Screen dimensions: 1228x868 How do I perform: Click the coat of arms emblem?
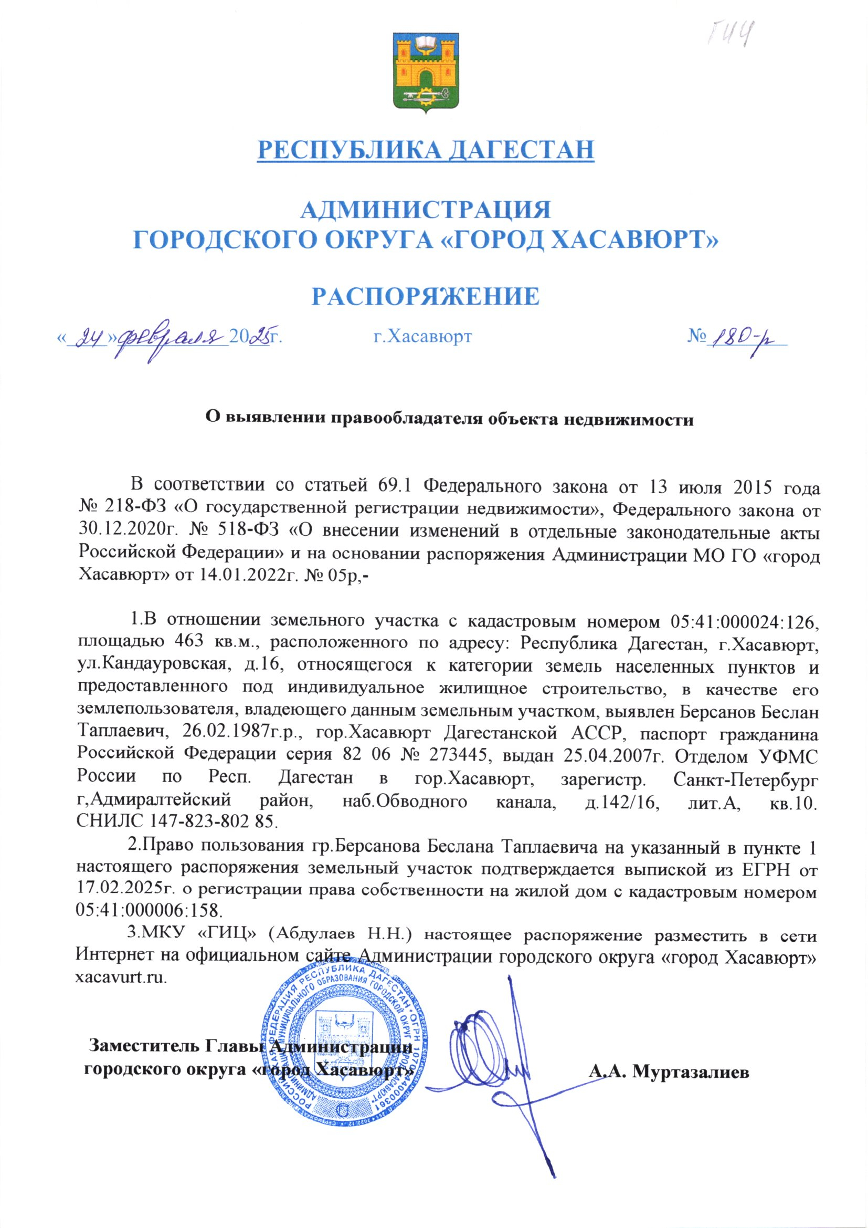coord(426,71)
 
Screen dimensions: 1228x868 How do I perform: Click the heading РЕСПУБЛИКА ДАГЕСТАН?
coord(426,150)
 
